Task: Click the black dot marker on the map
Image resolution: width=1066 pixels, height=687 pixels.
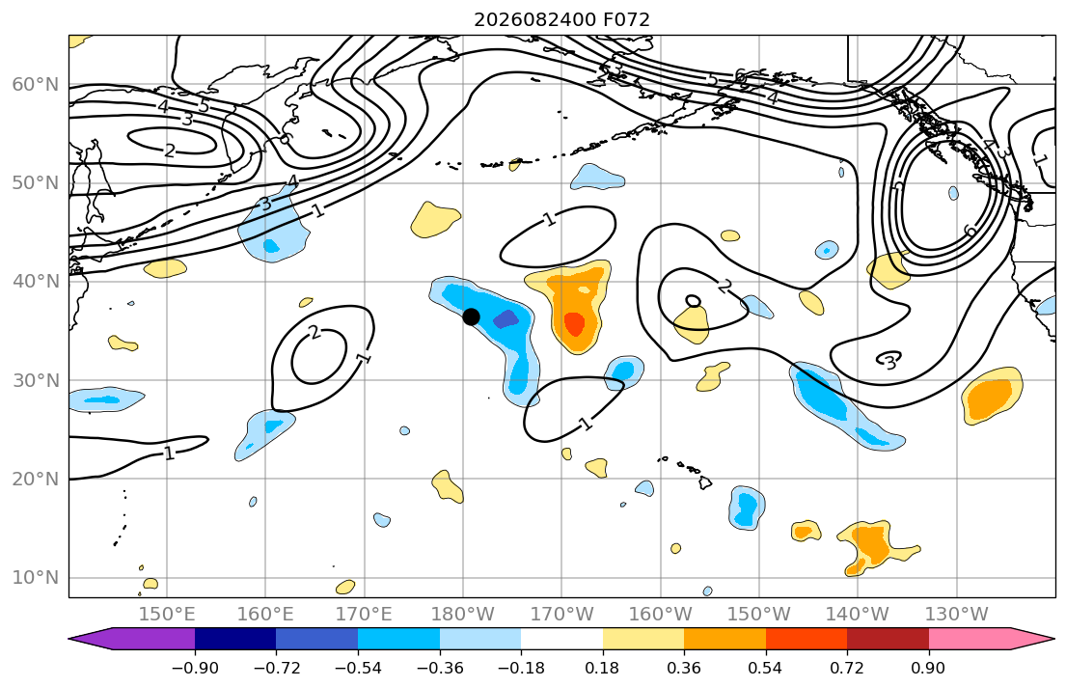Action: pyautogui.click(x=471, y=316)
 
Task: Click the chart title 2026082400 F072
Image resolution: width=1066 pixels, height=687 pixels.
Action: pyautogui.click(x=561, y=19)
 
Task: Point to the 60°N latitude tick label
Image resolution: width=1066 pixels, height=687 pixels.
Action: pyautogui.click(x=36, y=84)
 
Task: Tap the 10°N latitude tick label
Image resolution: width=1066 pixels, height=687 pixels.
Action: pyautogui.click(x=36, y=578)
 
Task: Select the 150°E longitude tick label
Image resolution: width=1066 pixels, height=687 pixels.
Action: pyautogui.click(x=167, y=615)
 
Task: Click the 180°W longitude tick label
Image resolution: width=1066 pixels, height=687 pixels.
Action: pyautogui.click(x=463, y=615)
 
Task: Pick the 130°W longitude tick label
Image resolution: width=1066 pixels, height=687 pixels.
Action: pyautogui.click(x=957, y=615)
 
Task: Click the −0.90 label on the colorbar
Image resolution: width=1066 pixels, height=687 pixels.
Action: pyautogui.click(x=195, y=668)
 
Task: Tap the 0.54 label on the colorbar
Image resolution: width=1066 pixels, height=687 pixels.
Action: pyautogui.click(x=766, y=668)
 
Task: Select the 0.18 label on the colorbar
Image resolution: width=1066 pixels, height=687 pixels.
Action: pyautogui.click(x=602, y=668)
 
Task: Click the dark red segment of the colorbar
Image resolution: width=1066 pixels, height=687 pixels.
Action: pyautogui.click(x=888, y=639)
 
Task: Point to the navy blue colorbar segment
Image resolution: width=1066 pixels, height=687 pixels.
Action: pyautogui.click(x=235, y=639)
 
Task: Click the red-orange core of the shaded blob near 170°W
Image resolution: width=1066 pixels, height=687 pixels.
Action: pyautogui.click(x=574, y=324)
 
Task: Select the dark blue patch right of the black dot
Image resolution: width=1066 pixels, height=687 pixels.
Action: pyautogui.click(x=506, y=319)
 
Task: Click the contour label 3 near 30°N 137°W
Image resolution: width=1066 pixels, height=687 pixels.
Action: pyautogui.click(x=889, y=362)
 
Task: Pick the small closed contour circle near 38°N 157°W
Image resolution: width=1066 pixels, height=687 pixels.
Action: pyautogui.click(x=693, y=301)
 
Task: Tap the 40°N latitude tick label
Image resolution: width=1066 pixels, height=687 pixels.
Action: pyautogui.click(x=36, y=281)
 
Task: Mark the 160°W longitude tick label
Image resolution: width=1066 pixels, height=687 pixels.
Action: pyautogui.click(x=660, y=615)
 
